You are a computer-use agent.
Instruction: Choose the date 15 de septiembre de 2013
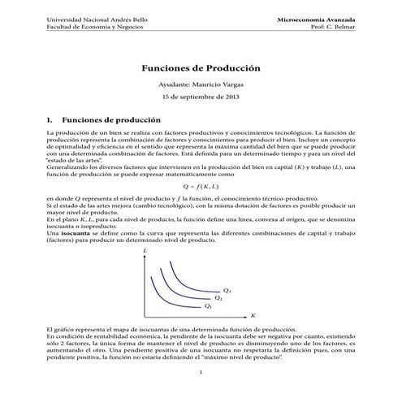tap(201, 100)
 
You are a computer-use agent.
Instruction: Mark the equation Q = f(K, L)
tap(201, 186)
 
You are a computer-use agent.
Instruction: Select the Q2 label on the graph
tap(218, 298)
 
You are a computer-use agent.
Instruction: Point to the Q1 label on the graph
tap(208, 306)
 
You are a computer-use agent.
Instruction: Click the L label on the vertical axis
tap(145, 253)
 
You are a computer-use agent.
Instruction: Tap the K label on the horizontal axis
tap(253, 313)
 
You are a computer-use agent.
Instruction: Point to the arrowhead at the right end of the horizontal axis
tap(246, 313)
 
